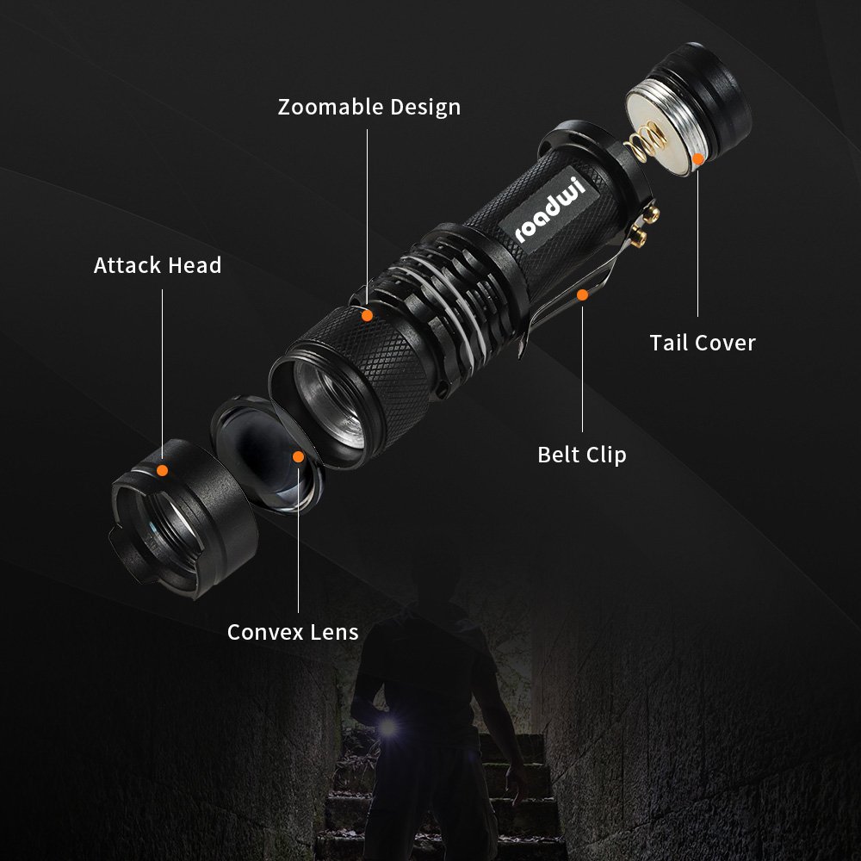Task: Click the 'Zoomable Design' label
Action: (x=369, y=108)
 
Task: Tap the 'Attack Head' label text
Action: (x=158, y=265)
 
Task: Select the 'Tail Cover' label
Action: (x=703, y=343)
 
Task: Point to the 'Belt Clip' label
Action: (x=582, y=455)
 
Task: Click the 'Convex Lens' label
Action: (x=293, y=632)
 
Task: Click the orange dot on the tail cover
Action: (x=697, y=159)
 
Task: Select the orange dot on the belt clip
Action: (x=582, y=295)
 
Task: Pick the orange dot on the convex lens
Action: (x=298, y=456)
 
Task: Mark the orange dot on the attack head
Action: (x=162, y=469)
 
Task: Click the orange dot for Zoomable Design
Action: (x=367, y=316)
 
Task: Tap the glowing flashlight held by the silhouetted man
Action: (x=389, y=728)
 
